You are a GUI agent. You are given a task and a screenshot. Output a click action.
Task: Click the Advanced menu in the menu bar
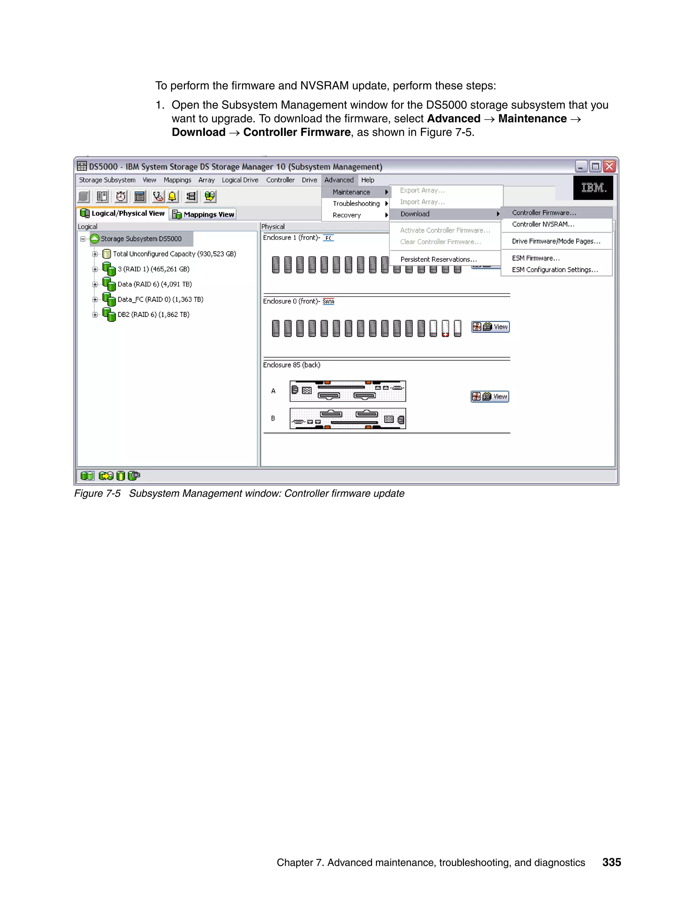(338, 180)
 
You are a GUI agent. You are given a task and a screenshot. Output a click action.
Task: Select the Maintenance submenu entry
(351, 192)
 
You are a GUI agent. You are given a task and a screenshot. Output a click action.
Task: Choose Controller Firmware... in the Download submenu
(544, 213)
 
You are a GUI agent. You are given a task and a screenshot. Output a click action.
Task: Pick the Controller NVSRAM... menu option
(543, 224)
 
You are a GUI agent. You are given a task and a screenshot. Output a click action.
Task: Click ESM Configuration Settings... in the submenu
(555, 270)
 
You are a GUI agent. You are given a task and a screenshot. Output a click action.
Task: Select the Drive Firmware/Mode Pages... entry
(556, 241)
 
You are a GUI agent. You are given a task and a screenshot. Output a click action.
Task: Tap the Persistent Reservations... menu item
(438, 259)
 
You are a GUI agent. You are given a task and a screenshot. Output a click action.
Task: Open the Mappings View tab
(204, 214)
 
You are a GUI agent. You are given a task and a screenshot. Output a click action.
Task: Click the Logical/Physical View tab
(123, 214)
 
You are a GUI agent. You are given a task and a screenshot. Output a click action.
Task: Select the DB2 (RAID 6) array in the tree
(153, 314)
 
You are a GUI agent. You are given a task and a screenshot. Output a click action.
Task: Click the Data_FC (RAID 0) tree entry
(160, 300)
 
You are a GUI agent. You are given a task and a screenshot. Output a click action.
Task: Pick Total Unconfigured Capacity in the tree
(174, 254)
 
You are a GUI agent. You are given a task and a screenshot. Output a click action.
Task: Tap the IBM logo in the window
(593, 188)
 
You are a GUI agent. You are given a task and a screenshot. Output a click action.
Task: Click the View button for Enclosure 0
(490, 327)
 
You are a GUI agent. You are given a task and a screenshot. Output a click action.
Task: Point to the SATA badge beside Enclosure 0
(328, 302)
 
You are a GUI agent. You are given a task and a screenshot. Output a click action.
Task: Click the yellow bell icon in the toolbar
(172, 197)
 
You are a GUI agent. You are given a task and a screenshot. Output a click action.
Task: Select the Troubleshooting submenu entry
(356, 203)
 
